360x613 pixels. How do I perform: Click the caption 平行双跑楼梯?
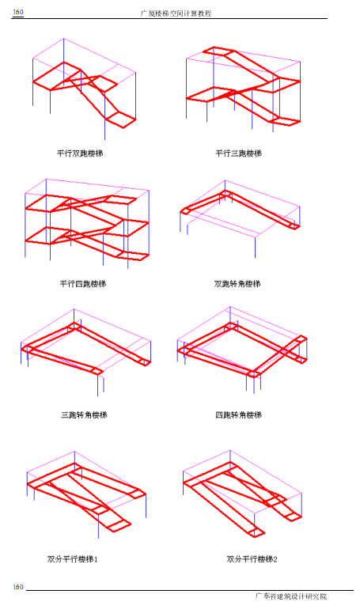(x=80, y=153)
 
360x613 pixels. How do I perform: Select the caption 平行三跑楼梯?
(x=238, y=153)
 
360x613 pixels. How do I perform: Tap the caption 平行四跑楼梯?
(x=83, y=283)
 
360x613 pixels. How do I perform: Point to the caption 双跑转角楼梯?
(x=237, y=283)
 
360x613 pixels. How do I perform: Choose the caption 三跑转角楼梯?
(x=84, y=414)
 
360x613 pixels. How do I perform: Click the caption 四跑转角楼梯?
(x=238, y=414)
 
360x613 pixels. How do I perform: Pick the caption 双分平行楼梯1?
(x=72, y=559)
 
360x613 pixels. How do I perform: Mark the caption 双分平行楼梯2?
(x=252, y=559)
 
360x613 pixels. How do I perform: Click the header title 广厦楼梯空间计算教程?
(x=176, y=13)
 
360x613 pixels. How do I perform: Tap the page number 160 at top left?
(x=18, y=12)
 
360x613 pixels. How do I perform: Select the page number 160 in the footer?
(x=18, y=587)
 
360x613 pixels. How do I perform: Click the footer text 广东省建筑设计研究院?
(x=291, y=596)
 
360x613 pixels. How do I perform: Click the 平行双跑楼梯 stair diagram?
(x=84, y=89)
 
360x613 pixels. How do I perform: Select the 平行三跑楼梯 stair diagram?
(x=243, y=88)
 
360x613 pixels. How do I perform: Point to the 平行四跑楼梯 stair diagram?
(x=87, y=224)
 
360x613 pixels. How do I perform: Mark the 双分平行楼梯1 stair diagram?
(x=86, y=494)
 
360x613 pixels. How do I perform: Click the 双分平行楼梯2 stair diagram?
(x=243, y=494)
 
